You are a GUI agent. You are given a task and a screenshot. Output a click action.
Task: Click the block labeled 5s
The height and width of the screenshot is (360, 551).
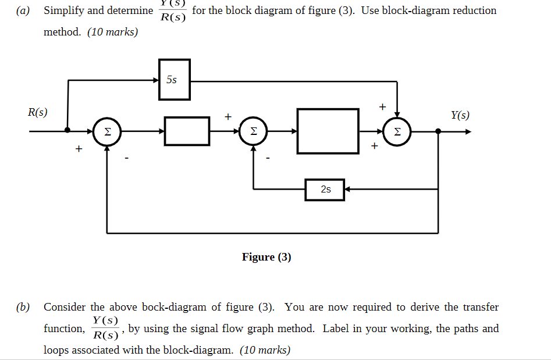point(174,80)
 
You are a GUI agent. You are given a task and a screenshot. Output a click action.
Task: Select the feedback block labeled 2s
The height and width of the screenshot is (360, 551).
point(325,190)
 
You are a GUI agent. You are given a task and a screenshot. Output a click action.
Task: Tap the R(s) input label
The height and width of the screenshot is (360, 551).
point(38,112)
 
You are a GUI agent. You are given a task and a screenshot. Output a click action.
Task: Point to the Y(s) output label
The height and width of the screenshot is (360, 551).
point(460,115)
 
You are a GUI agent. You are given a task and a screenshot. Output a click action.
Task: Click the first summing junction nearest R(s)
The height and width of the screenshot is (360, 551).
point(107,131)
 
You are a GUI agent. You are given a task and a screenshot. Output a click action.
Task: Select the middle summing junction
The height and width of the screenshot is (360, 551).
point(253,131)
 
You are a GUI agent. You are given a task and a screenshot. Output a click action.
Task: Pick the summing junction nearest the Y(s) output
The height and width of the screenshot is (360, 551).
point(397,131)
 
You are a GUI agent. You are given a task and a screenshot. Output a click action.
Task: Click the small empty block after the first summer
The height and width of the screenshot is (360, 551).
point(187,131)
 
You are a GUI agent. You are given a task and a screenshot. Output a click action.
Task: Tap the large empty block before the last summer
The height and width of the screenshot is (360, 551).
point(328,131)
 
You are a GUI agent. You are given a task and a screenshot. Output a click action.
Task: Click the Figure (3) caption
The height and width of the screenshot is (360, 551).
point(266,257)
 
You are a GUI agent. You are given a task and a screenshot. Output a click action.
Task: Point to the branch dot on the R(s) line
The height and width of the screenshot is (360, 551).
point(68,131)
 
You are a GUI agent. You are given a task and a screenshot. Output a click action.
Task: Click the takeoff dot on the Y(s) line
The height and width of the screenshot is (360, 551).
point(438,131)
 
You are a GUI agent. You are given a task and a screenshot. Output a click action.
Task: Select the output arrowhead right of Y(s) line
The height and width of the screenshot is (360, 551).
point(467,131)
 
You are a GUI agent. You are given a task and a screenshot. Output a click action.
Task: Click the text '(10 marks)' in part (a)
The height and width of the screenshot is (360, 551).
point(113,32)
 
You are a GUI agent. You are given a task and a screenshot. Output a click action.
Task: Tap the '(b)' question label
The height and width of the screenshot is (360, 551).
point(23,307)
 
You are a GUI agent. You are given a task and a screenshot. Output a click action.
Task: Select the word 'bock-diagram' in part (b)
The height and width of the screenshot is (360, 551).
point(175,307)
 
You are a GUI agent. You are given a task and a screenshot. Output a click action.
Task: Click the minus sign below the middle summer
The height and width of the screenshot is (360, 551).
point(267,157)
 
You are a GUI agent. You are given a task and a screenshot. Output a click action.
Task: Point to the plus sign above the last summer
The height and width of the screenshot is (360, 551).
point(382,106)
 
